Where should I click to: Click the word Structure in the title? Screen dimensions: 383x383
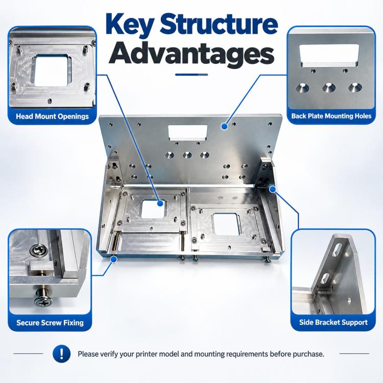click(x=219, y=25)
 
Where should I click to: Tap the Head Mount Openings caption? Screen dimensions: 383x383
click(x=52, y=116)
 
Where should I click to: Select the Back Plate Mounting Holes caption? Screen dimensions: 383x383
click(x=331, y=116)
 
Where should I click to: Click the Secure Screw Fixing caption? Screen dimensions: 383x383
click(x=50, y=323)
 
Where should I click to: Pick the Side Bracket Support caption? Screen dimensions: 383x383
click(x=333, y=322)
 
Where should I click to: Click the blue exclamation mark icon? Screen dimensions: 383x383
click(x=62, y=353)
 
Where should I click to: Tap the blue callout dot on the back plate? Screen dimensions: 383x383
click(x=225, y=126)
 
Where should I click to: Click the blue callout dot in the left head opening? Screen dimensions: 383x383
click(x=160, y=203)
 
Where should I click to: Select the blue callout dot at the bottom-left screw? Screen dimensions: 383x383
click(x=113, y=259)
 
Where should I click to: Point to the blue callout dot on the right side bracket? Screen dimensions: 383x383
click(x=273, y=189)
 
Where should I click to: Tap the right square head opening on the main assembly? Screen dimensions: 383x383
click(x=226, y=224)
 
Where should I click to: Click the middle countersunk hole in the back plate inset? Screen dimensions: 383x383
click(x=329, y=88)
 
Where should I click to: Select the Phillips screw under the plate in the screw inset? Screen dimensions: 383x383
click(x=43, y=298)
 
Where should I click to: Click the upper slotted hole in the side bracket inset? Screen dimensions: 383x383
click(x=339, y=249)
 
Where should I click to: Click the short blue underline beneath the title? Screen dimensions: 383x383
click(x=192, y=75)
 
